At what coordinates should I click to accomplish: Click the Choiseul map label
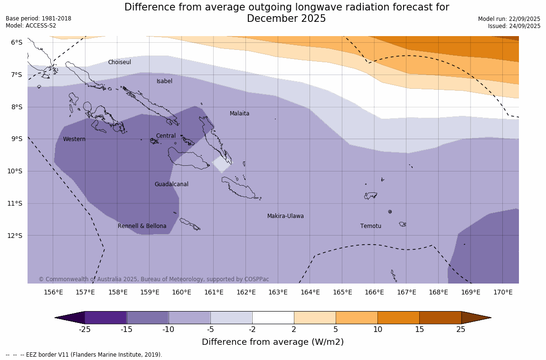click(x=119, y=62)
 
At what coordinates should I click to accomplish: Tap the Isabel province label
click(x=164, y=81)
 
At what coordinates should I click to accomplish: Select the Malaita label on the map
click(x=239, y=114)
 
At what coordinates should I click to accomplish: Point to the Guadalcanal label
click(x=171, y=184)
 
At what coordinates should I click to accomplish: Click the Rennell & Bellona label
click(x=142, y=226)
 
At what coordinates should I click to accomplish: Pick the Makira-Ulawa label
click(x=285, y=216)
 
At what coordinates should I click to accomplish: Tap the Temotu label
click(x=370, y=226)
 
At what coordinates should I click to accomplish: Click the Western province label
click(x=74, y=139)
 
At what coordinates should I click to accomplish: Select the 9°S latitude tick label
click(x=17, y=139)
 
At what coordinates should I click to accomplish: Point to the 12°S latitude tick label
click(x=17, y=236)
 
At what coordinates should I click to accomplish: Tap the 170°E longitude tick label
click(x=503, y=292)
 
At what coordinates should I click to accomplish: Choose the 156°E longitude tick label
click(x=53, y=292)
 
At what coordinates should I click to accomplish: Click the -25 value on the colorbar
click(x=85, y=330)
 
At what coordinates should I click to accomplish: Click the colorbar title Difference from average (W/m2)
click(x=273, y=342)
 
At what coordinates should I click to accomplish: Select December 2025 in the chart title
click(x=286, y=19)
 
